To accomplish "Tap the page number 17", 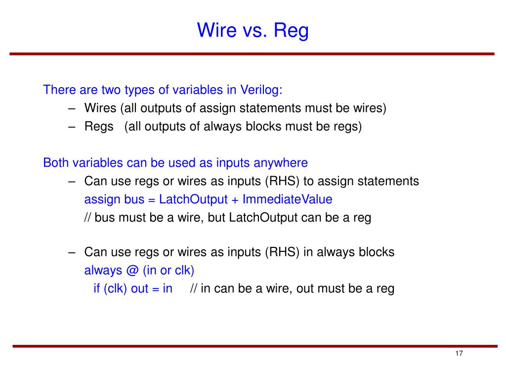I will (x=459, y=354).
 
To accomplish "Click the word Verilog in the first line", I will (x=261, y=90).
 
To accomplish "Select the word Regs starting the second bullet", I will (x=99, y=127).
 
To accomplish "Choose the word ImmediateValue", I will (x=287, y=199).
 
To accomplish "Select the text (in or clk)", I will (x=169, y=271).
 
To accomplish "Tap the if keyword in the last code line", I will (x=97, y=289).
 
